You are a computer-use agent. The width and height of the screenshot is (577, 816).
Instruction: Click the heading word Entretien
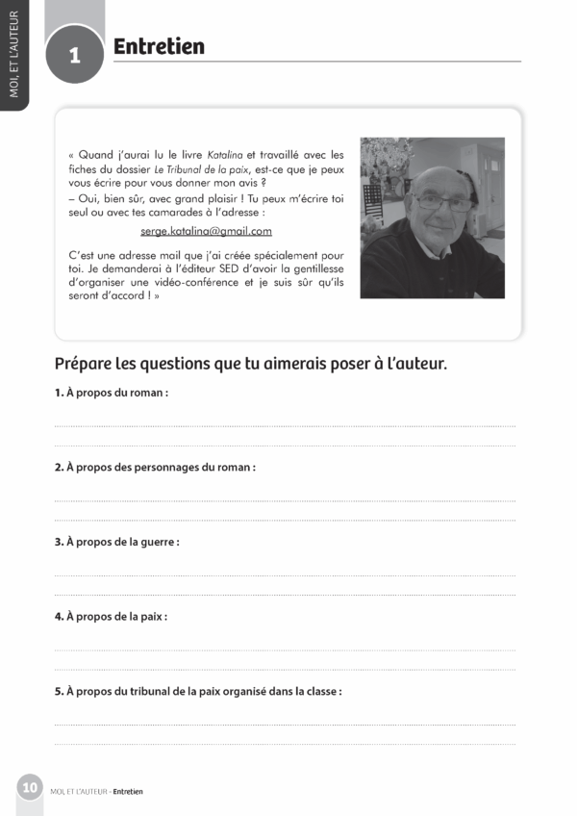(x=159, y=47)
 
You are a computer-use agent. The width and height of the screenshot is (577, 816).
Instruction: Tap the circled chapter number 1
(x=74, y=56)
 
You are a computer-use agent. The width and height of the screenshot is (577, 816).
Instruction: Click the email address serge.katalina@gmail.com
(x=206, y=231)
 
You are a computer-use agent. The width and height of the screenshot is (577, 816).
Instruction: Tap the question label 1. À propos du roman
(x=112, y=393)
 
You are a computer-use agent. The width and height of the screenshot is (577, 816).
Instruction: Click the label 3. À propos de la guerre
(x=116, y=542)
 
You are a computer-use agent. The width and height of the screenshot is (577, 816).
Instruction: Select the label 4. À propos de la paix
(x=111, y=616)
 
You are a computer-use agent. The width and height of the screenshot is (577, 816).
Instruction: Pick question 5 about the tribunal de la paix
(x=198, y=691)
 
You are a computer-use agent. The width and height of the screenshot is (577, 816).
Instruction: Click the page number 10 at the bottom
(x=30, y=788)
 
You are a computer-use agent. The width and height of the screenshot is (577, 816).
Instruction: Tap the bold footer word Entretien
(x=128, y=792)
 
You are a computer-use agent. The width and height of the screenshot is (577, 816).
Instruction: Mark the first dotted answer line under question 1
(x=285, y=426)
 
